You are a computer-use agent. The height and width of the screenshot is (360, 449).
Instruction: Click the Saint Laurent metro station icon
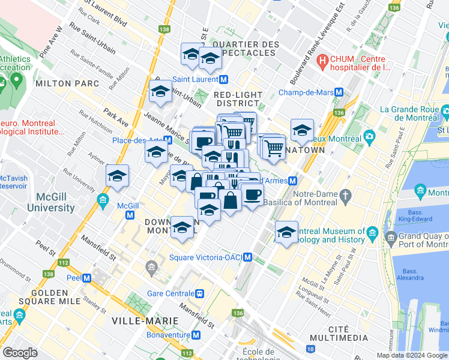pyautogui.click(x=223, y=79)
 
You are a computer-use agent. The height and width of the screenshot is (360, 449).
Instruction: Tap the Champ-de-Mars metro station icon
pyautogui.click(x=339, y=93)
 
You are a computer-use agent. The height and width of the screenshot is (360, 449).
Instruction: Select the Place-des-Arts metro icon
pyautogui.click(x=168, y=140)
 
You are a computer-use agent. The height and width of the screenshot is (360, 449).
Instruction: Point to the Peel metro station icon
pyautogui.click(x=87, y=278)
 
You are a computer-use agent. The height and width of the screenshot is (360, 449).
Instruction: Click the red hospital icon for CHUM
pyautogui.click(x=323, y=60)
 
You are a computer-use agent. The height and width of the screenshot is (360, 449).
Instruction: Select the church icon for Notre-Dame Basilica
pyautogui.click(x=345, y=195)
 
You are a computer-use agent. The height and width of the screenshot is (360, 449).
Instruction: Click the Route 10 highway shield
pyautogui.click(x=310, y=349)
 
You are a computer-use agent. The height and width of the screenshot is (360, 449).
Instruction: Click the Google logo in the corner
pyautogui.click(x=20, y=353)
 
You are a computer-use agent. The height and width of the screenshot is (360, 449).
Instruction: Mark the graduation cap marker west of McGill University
pyautogui.click(x=117, y=176)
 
